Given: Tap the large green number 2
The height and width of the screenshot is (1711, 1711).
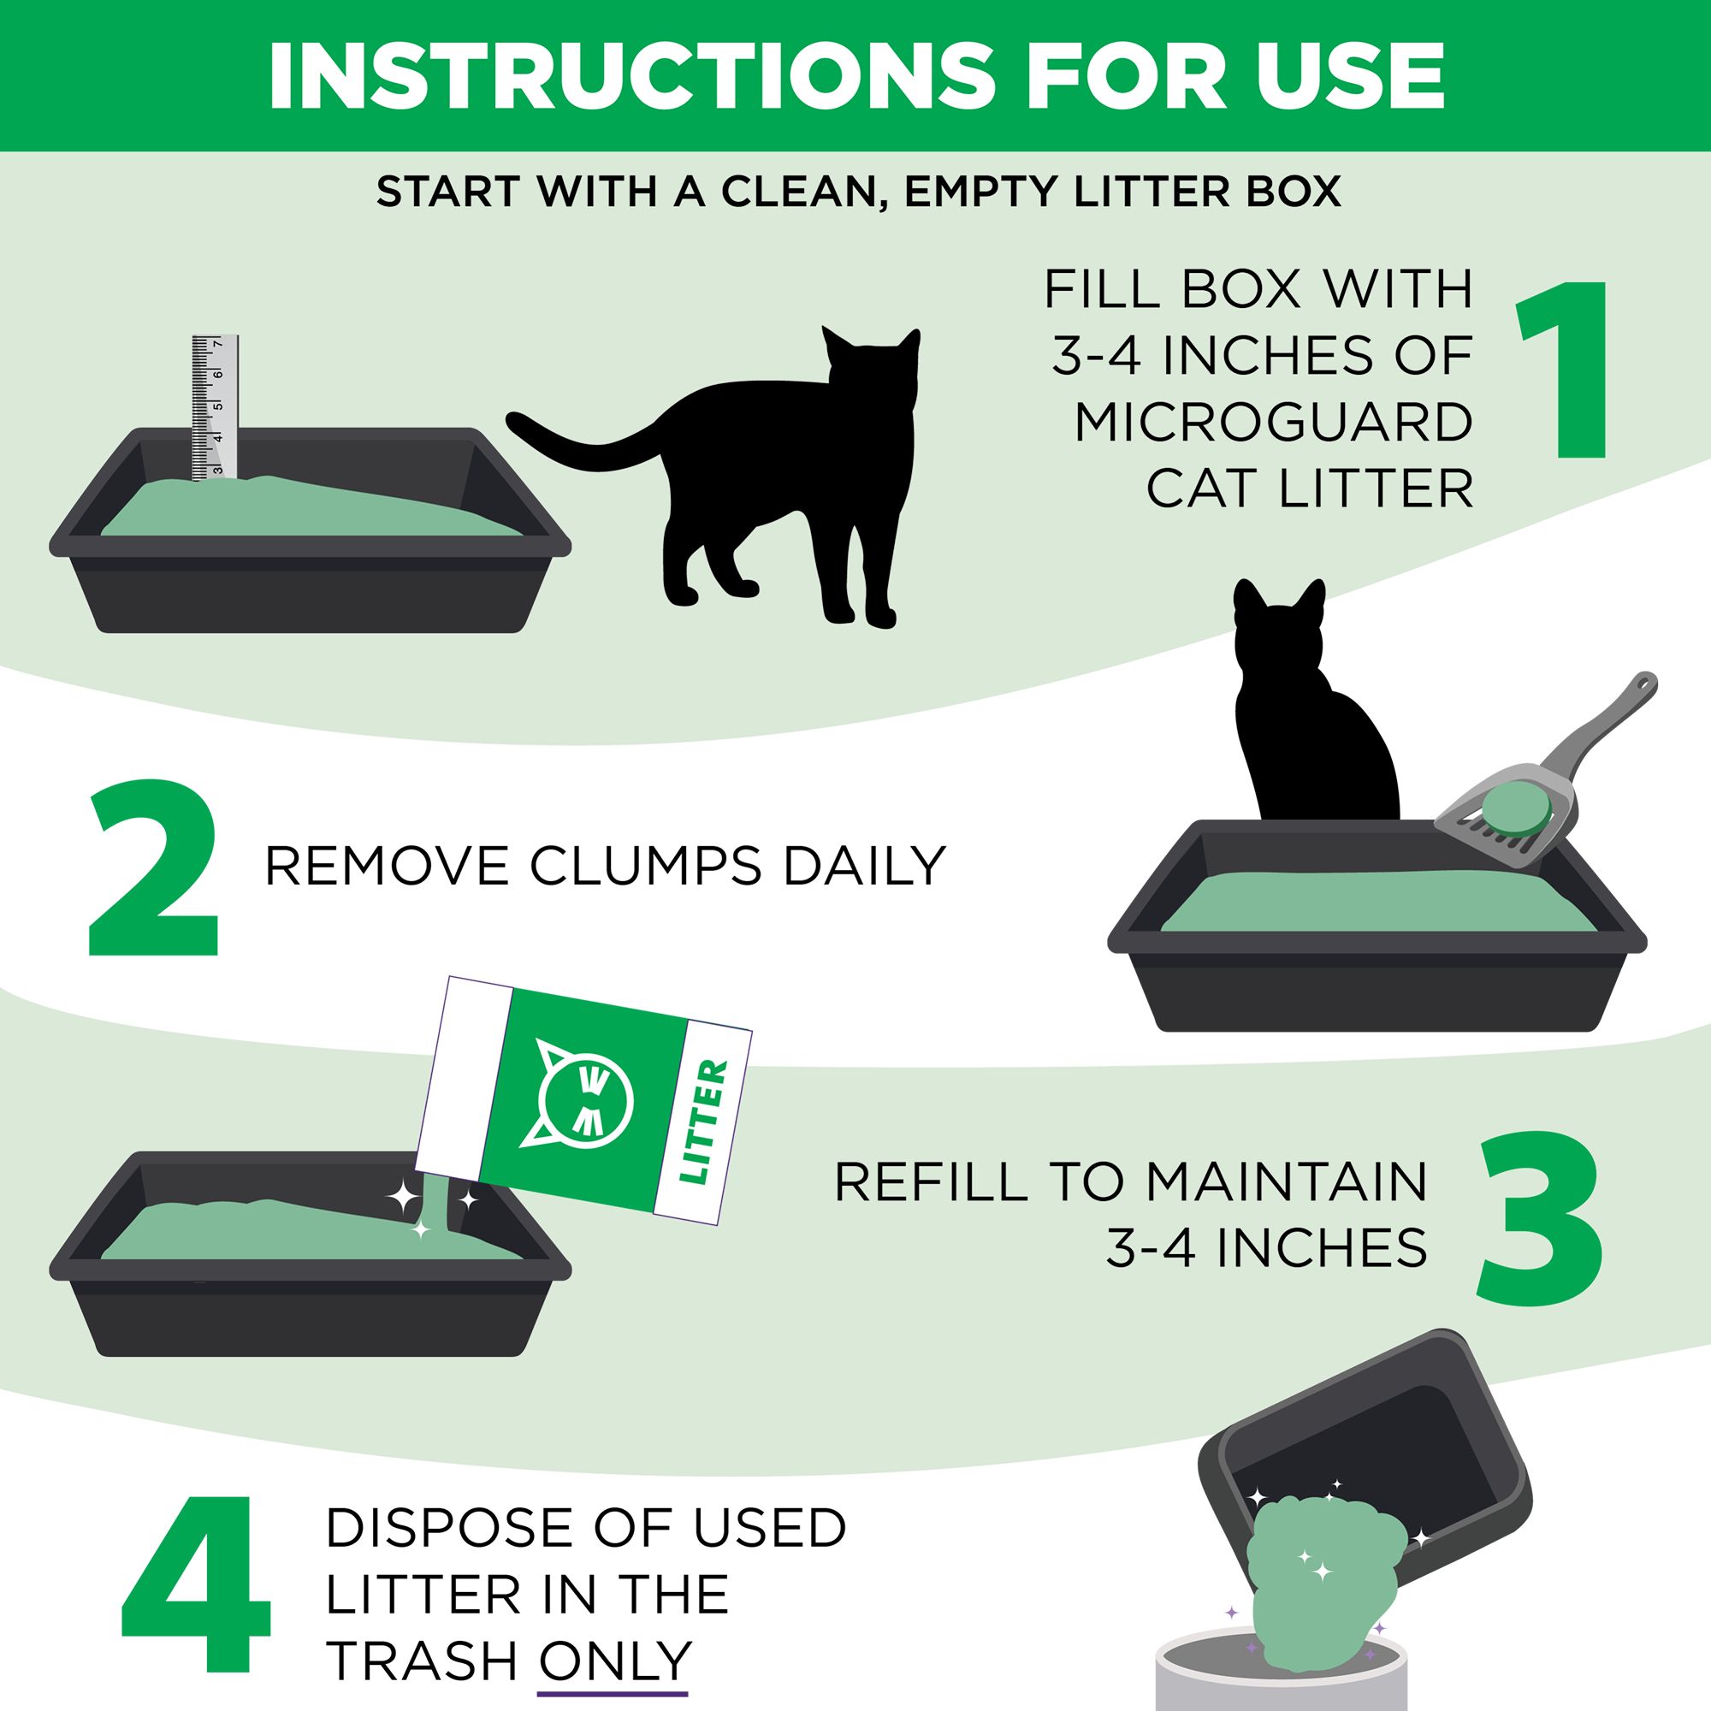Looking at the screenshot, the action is click(x=152, y=869).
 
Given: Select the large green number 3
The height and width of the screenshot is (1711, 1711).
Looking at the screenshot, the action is click(x=1541, y=1221).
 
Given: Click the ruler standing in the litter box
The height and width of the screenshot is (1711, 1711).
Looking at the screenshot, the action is click(x=216, y=407).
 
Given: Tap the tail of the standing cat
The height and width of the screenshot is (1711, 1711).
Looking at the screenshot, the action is click(x=584, y=434).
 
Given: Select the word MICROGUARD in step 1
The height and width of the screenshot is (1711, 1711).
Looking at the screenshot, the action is click(x=1275, y=423).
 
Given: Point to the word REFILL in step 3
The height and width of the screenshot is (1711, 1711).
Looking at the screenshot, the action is click(x=929, y=1181).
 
